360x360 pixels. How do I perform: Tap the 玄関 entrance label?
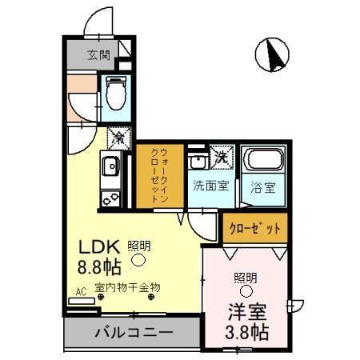[98, 55]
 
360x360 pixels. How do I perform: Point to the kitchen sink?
[109, 167]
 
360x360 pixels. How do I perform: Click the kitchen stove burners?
[108, 197]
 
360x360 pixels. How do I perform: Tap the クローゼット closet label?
[255, 228]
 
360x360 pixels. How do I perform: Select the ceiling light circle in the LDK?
[138, 259]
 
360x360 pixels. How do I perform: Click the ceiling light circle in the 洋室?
[246, 290]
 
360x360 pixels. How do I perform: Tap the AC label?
[80, 292]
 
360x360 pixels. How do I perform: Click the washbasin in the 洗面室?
[198, 161]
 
